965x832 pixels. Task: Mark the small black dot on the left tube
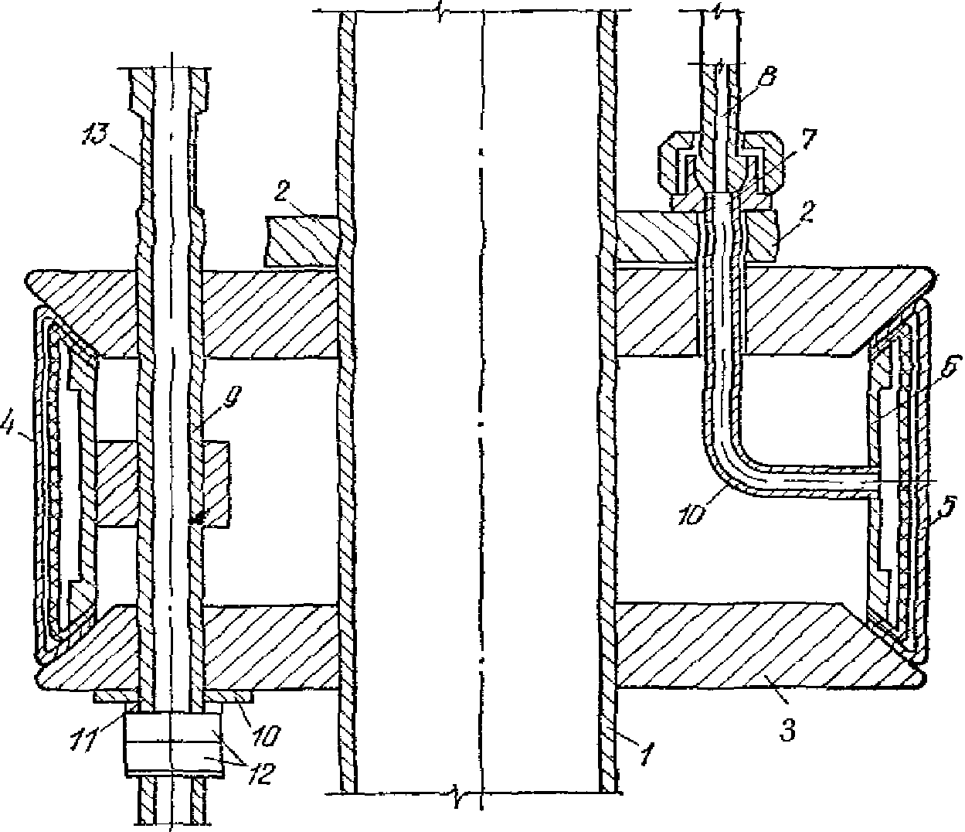coord(198,520)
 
